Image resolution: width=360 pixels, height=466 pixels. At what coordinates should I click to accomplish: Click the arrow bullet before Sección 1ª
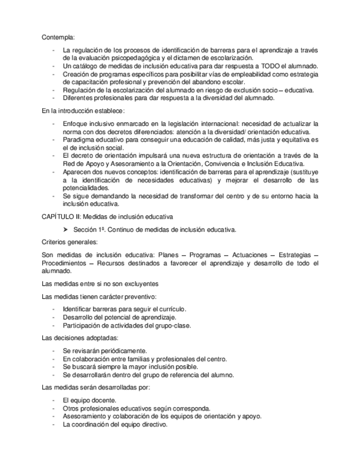(x=66, y=230)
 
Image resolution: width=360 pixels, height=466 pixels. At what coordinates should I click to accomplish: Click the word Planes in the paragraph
(x=167, y=256)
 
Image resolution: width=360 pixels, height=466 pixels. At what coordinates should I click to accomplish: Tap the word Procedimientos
(x=63, y=264)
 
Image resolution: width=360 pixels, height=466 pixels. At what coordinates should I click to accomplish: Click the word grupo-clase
(x=174, y=325)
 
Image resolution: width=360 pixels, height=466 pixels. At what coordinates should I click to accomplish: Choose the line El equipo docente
(x=89, y=401)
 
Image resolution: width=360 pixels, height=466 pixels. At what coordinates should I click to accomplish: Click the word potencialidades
(x=86, y=188)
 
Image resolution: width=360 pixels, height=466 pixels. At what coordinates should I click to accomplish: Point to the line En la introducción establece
(x=75, y=110)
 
